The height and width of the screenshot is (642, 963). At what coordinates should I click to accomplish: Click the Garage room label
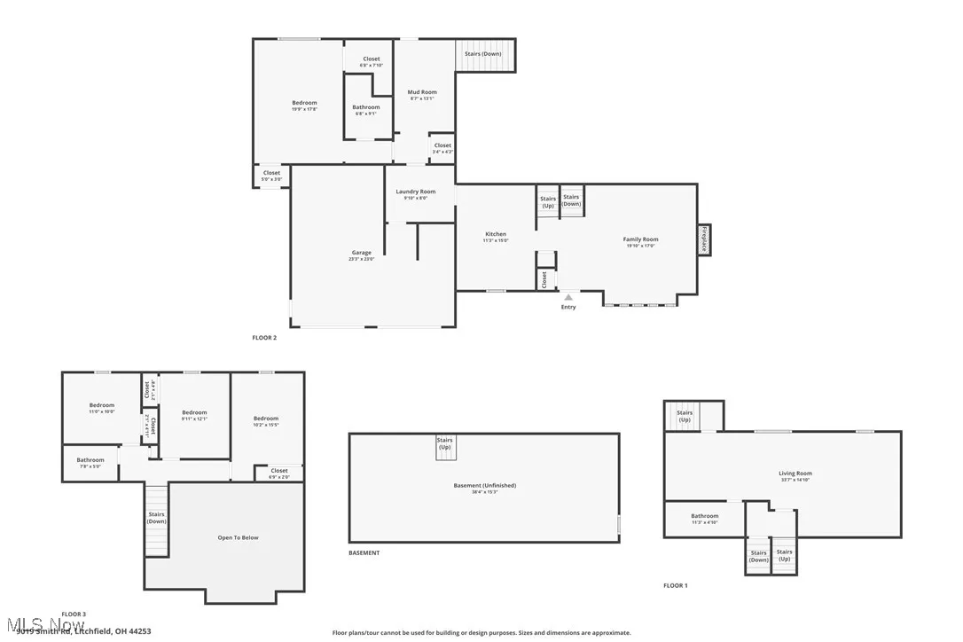point(362,255)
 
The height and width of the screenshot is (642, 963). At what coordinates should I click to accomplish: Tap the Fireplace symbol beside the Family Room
point(704,239)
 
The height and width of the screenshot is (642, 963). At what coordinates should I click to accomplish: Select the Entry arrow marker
point(568,297)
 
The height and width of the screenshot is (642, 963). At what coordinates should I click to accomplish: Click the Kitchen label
point(495,237)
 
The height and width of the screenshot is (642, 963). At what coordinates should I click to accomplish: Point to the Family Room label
point(640,241)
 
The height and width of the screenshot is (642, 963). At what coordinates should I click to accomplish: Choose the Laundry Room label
point(415,194)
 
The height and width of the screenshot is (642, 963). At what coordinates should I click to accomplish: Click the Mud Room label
point(421,95)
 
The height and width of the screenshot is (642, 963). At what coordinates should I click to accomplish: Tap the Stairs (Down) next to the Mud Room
point(483,53)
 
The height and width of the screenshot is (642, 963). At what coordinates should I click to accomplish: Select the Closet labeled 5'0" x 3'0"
point(271,176)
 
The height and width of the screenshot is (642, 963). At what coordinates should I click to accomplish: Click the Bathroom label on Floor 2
point(365,110)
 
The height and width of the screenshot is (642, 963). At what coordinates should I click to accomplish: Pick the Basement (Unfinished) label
point(483,488)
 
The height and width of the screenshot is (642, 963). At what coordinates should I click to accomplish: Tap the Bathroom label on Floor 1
point(704,519)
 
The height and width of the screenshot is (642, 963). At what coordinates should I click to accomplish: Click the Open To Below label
point(238,537)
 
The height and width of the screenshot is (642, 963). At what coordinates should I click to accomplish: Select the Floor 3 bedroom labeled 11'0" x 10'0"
point(101,408)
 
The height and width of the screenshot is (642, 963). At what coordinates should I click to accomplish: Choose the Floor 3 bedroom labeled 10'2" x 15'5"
point(265,421)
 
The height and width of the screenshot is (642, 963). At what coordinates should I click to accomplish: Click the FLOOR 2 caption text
point(264,338)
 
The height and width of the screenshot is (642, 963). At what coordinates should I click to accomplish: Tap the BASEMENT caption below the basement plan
point(364,552)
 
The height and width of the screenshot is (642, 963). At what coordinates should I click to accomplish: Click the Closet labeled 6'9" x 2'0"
point(278,474)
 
